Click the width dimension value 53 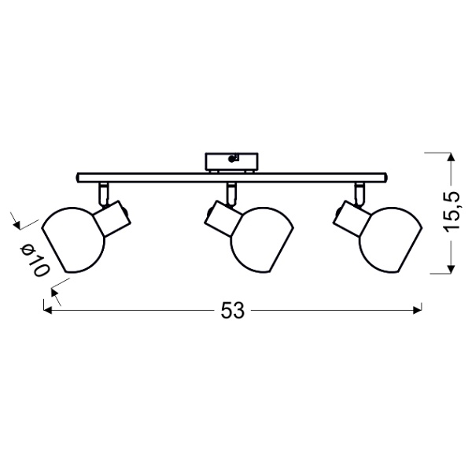click(x=232, y=310)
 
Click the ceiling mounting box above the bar click(x=230, y=160)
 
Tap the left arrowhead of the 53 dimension click(x=46, y=310)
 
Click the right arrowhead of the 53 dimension click(x=420, y=310)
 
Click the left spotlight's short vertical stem click(x=104, y=192)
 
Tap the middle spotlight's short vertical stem click(x=231, y=192)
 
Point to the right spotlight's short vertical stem click(x=359, y=192)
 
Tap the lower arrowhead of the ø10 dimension click(x=55, y=293)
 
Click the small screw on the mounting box click(x=231, y=159)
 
